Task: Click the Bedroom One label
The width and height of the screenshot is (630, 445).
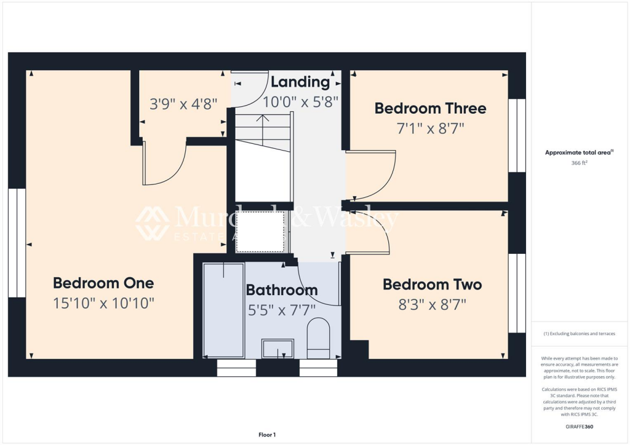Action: tap(103, 283)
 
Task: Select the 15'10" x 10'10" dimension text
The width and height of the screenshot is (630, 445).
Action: tap(103, 303)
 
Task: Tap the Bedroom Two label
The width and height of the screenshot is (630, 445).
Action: tap(432, 285)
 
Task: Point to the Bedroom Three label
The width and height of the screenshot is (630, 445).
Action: tap(430, 109)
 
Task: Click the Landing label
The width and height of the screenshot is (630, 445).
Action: tap(300, 82)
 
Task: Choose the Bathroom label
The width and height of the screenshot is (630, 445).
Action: tap(282, 290)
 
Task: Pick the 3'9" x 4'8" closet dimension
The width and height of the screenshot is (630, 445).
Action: tap(184, 104)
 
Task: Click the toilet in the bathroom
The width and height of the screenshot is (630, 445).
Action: tap(318, 339)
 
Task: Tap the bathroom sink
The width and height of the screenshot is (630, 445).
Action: tap(278, 348)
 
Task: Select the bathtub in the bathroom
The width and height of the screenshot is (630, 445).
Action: tap(223, 310)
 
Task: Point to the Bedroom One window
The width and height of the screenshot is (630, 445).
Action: tap(17, 243)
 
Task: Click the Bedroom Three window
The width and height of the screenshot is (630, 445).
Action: tap(517, 135)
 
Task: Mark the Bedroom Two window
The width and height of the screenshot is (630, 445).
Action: tap(517, 293)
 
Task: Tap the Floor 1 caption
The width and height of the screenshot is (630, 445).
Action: tap(267, 435)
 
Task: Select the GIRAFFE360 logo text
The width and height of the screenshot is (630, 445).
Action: tap(580, 427)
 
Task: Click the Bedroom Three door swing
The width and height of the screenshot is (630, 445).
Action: tap(372, 175)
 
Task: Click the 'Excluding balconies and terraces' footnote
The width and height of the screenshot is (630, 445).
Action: tap(578, 334)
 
